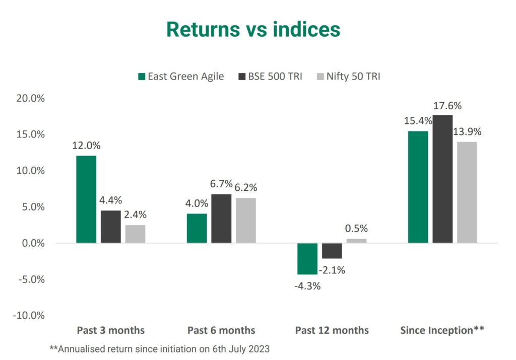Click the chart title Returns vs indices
pyautogui.click(x=253, y=30)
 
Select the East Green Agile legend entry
pyautogui.click(x=181, y=77)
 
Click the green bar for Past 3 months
pyautogui.click(x=86, y=199)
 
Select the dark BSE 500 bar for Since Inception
pyautogui.click(x=442, y=179)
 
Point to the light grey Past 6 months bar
pyautogui.click(x=246, y=221)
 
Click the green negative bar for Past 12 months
pyautogui.click(x=307, y=259)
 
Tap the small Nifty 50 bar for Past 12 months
pyautogui.click(x=357, y=241)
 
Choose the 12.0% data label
pyautogui.click(x=86, y=146)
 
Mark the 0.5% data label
pyautogui.click(x=356, y=228)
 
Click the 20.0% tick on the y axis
pyautogui.click(x=31, y=98)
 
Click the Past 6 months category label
pyautogui.click(x=221, y=330)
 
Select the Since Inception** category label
pyautogui.click(x=442, y=330)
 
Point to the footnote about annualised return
pyautogui.click(x=160, y=348)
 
